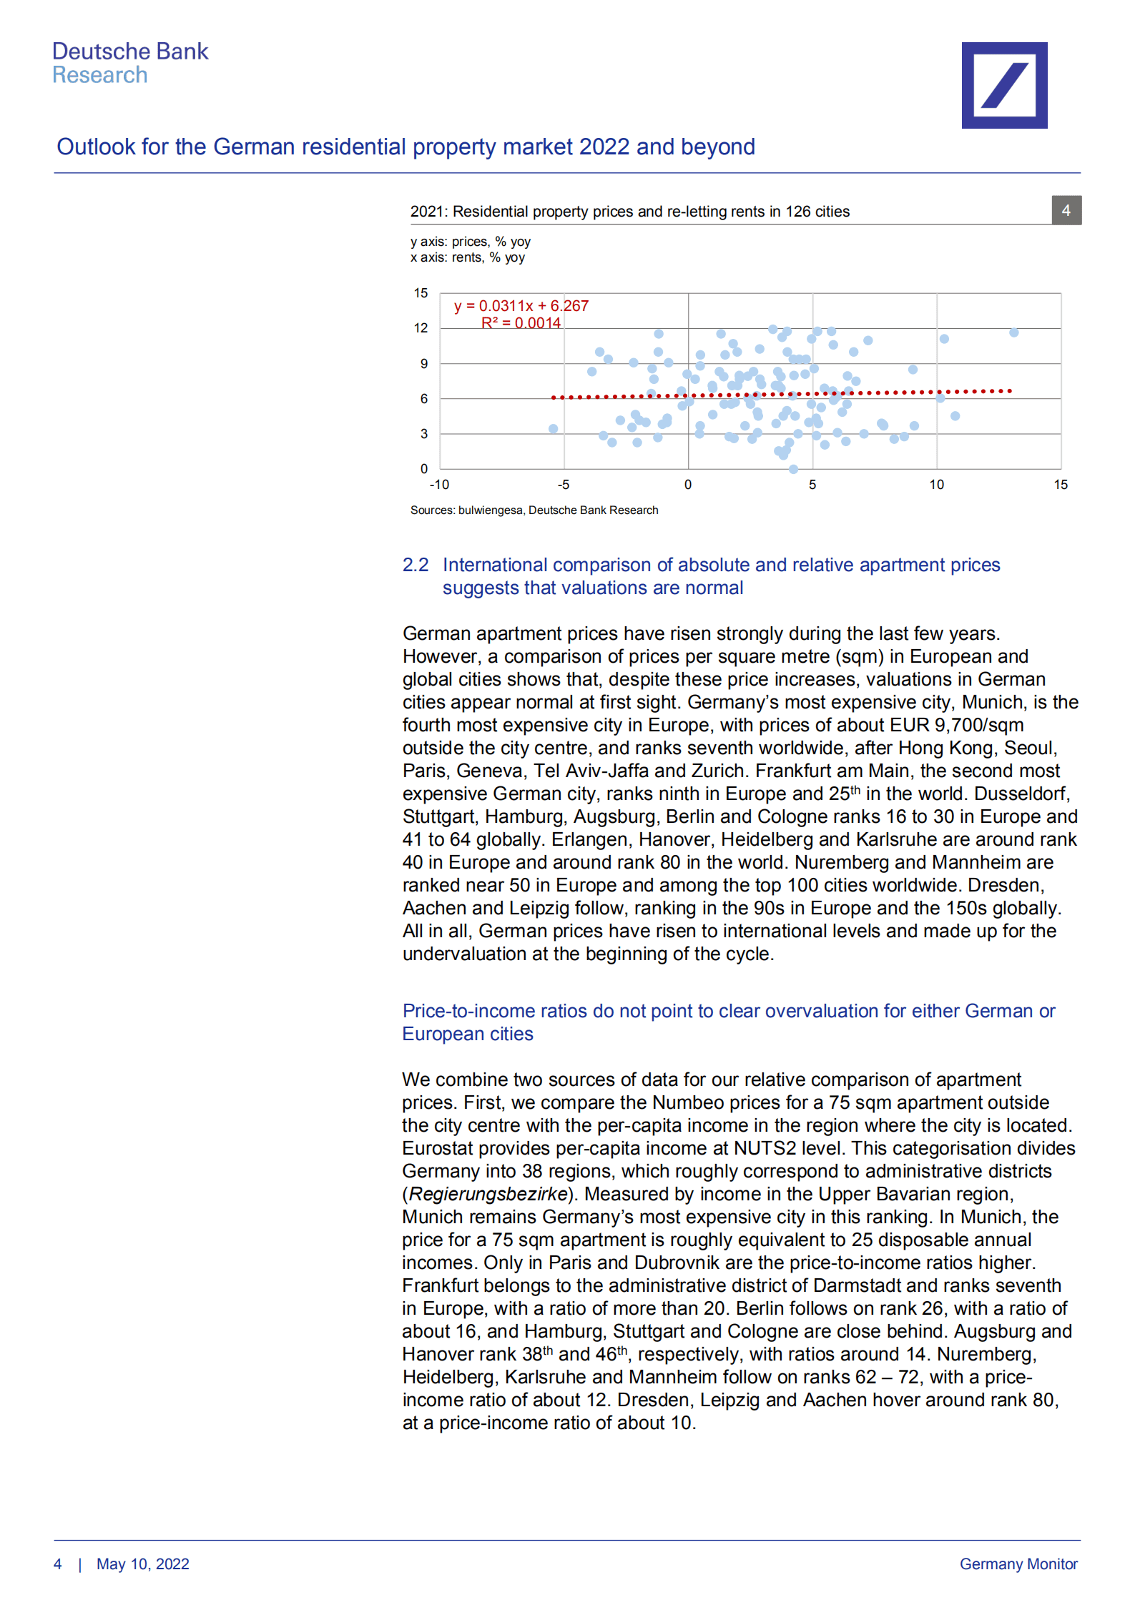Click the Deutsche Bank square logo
1003,85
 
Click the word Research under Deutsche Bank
99,75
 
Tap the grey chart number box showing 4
1066,210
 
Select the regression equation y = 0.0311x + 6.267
521,306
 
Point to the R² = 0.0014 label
521,323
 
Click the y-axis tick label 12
421,328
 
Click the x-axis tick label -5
564,485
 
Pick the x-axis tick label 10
936,485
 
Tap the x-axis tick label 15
1060,485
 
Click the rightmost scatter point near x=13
1013,332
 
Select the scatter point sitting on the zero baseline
793,469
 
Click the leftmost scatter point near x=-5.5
553,429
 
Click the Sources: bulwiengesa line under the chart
534,510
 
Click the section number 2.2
415,565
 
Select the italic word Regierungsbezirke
488,1194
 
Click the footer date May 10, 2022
142,1564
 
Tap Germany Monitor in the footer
1018,1564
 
